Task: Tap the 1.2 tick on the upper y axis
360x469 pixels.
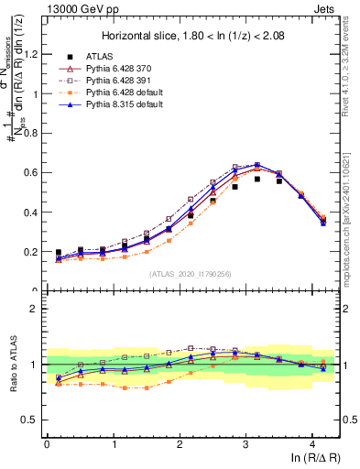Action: [32, 54]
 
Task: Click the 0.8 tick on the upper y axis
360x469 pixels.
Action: [32, 133]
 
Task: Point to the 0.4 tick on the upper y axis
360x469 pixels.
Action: [32, 212]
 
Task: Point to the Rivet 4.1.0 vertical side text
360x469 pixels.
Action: [352, 64]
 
